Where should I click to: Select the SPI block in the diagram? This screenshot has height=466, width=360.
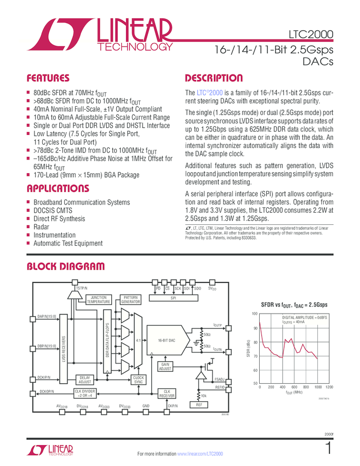(x=173, y=299)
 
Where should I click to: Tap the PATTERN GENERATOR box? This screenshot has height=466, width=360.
(x=130, y=299)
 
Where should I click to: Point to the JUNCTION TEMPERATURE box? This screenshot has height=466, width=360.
(x=99, y=299)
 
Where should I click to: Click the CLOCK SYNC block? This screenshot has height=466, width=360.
(x=139, y=379)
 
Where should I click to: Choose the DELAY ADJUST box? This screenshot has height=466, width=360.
(x=85, y=379)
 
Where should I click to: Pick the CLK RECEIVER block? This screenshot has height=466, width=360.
(x=167, y=394)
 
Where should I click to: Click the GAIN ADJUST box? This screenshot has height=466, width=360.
(x=165, y=366)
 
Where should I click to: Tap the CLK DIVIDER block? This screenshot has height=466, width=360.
(x=85, y=393)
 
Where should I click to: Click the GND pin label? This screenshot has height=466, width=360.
(x=146, y=406)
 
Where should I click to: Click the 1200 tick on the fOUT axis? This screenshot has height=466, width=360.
(x=329, y=387)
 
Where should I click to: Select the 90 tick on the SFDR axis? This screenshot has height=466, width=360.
(x=255, y=328)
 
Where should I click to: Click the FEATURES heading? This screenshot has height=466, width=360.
(x=48, y=78)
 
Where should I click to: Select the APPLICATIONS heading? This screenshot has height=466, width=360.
(x=58, y=189)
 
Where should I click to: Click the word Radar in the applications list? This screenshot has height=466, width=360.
(x=41, y=226)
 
